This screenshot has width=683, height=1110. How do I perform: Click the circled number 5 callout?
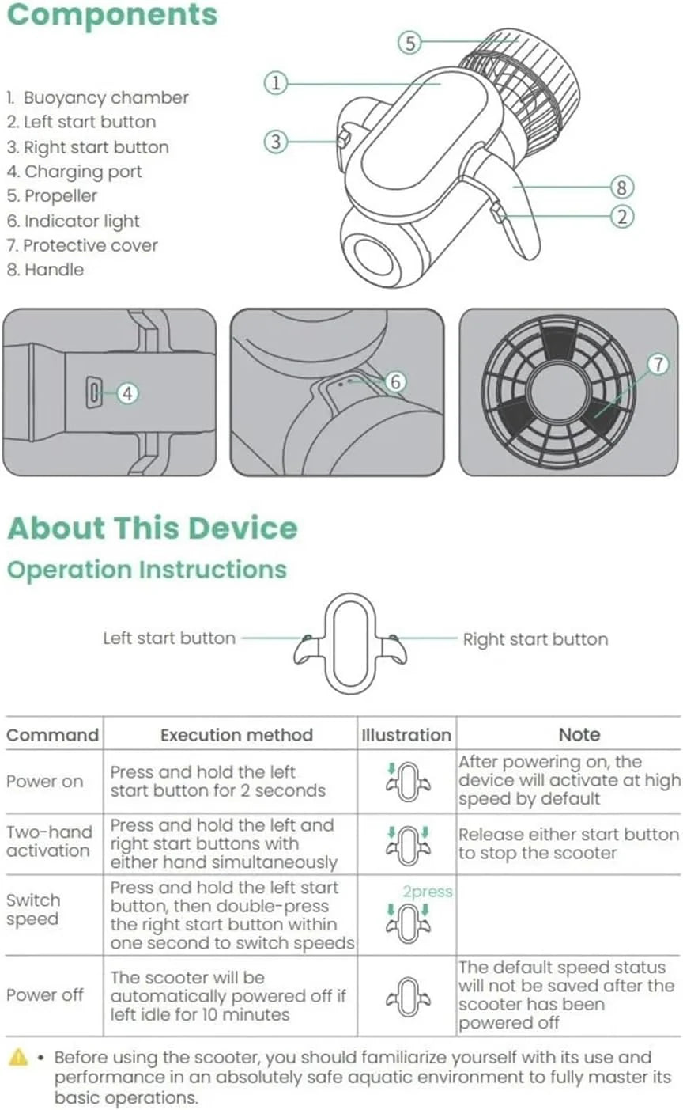point(409,42)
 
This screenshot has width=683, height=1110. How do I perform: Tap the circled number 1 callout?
point(275,83)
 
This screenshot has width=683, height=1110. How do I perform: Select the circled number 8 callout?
point(621,188)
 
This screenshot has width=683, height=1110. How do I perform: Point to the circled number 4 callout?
point(128,393)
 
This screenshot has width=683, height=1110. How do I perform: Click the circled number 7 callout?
point(658,364)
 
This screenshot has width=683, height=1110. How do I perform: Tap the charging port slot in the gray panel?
point(93,392)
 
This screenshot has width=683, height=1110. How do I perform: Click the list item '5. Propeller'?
point(52,195)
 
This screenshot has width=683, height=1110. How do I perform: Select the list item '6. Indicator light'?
point(74,221)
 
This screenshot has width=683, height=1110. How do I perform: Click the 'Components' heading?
point(112,15)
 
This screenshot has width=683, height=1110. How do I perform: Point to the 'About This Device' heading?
point(153,528)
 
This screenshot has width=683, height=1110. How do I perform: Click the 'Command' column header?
point(52,735)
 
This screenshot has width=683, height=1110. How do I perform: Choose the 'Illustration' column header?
point(406,735)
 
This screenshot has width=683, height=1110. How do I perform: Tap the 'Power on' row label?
point(44,782)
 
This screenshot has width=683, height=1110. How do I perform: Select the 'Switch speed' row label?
point(33,909)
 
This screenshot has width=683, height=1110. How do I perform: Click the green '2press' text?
point(427,892)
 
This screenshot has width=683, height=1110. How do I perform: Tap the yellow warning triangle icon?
point(18,1058)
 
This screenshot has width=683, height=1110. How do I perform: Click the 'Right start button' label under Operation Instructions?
point(535,639)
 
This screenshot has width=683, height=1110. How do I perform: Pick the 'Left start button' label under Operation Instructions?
point(169,638)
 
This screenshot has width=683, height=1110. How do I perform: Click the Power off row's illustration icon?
point(408,997)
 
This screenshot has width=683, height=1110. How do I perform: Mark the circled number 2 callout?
point(622,217)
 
